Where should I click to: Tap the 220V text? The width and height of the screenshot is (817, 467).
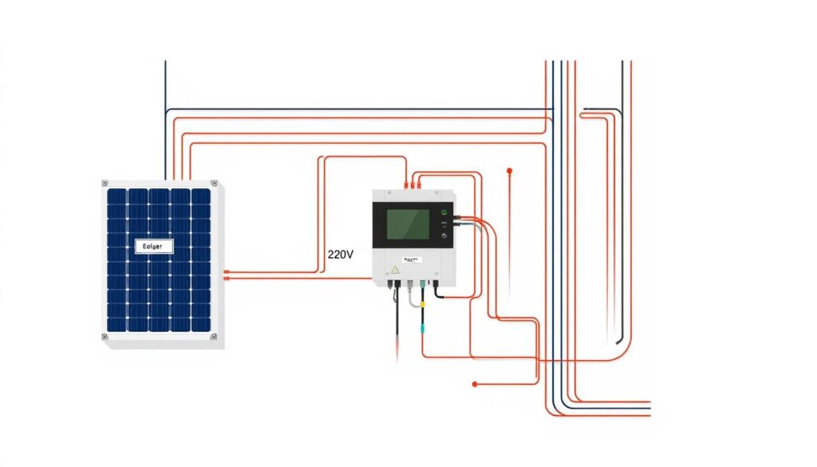coord(341,255)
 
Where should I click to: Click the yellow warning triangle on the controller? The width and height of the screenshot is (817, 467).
coord(393,270)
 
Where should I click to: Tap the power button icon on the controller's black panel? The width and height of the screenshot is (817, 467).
coord(444,235)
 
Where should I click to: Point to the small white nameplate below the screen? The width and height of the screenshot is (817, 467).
coord(412,259)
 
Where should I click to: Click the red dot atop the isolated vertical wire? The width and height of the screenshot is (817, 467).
coord(509,170)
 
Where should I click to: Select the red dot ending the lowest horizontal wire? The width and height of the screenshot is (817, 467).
coord(475,384)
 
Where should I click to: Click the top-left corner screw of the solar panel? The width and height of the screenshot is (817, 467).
coord(105,184)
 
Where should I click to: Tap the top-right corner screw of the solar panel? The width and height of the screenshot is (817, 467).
coord(215,184)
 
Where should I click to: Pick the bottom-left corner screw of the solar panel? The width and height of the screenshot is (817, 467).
coord(105,337)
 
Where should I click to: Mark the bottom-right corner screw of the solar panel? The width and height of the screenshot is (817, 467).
coord(215,337)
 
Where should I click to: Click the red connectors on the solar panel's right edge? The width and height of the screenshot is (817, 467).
coord(227,275)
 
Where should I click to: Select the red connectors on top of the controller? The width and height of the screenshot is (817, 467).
coord(412,185)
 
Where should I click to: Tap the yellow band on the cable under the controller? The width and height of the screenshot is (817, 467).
coord(423,304)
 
